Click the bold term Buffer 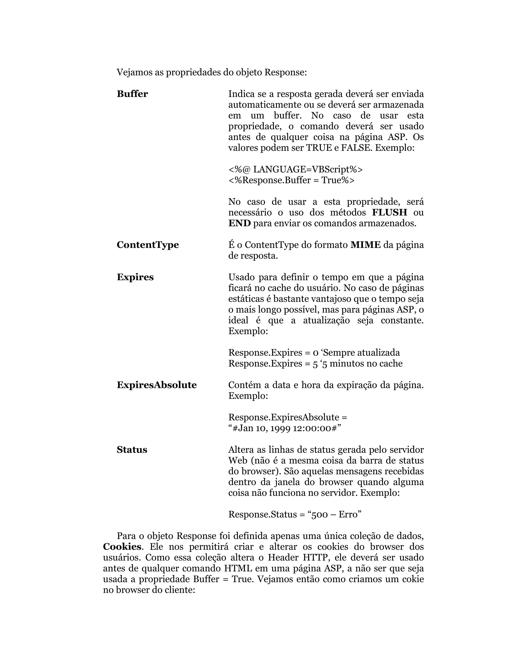click(132, 94)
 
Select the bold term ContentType click(148, 245)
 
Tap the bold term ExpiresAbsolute click(157, 385)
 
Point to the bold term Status click(132, 450)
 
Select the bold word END click(239, 224)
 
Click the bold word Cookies click(122, 547)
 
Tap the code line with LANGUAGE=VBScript click(295, 169)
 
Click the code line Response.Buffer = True click(291, 180)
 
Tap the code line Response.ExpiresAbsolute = click(288, 417)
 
